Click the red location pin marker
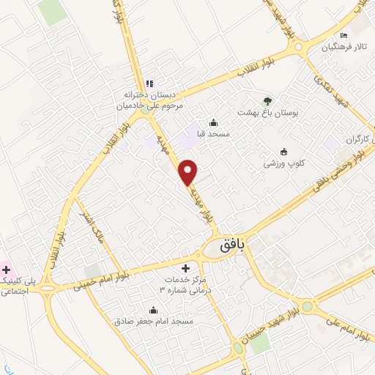[189, 171]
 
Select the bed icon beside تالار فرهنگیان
[344, 36]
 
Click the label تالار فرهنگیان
[340, 48]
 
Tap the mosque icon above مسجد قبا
[212, 122]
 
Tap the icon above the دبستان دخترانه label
[149, 83]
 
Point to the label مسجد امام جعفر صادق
[153, 322]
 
